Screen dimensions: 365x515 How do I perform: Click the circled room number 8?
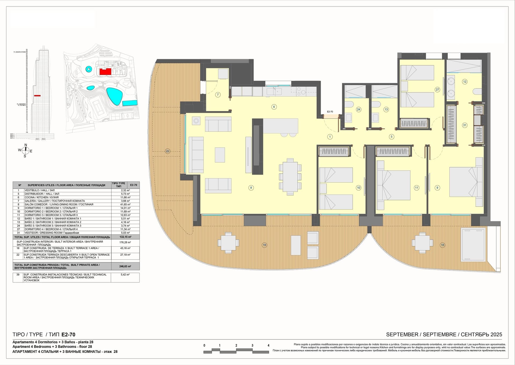pos(251,188)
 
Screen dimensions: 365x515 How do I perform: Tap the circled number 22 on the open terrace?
pos(168,151)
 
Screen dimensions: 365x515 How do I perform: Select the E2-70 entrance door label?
pos(330,112)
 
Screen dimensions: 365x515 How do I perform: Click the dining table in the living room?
pos(290,177)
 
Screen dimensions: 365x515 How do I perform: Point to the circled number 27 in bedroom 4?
pos(437,90)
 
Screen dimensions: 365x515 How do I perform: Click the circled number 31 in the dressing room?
pos(465,125)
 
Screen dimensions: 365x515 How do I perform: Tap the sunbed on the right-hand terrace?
pos(473,244)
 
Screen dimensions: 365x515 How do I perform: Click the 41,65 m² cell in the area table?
pos(125,204)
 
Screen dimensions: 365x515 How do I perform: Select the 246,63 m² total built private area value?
pos(125,266)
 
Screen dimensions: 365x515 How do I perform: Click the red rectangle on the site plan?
pos(105,71)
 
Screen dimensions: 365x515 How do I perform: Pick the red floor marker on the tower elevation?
pos(37,95)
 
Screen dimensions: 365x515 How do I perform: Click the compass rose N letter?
pos(26,145)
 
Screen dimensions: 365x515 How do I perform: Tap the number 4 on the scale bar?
pos(268,345)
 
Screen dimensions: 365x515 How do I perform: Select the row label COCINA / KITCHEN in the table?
pos(42,197)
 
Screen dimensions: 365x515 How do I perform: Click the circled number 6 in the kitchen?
pos(274,107)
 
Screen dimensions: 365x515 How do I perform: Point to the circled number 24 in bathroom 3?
pos(358,109)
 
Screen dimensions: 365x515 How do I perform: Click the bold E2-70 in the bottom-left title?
pos(68,335)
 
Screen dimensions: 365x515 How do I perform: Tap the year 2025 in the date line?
pos(496,335)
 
